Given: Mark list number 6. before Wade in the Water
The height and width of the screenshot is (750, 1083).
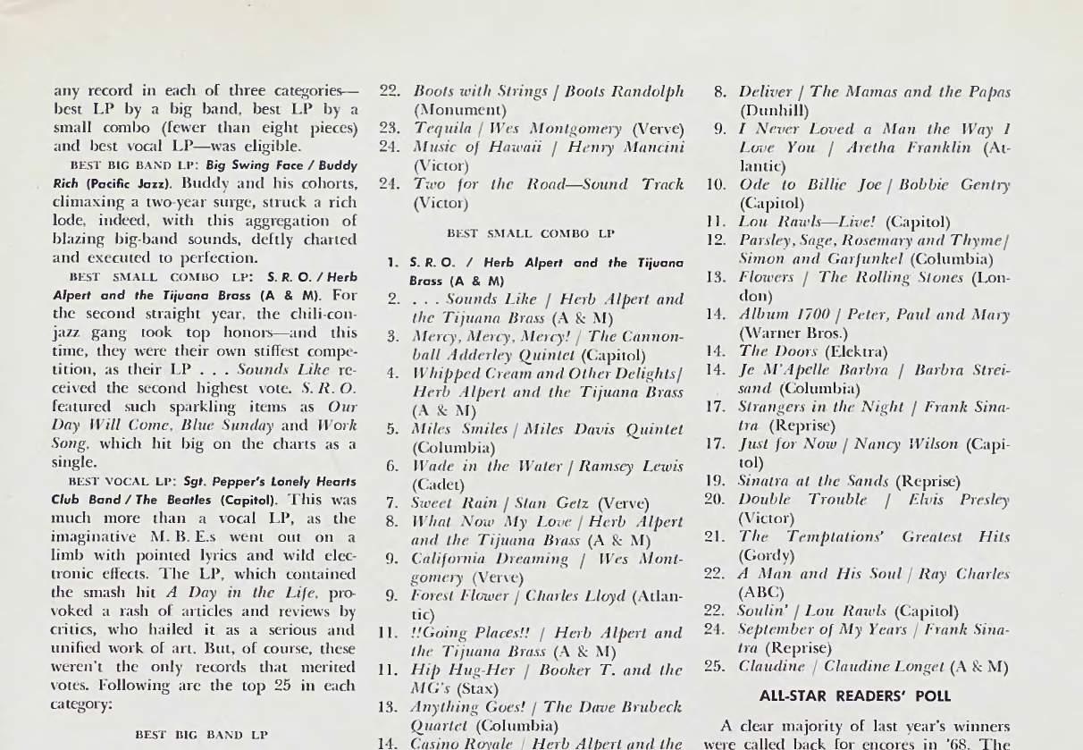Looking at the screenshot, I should tap(391, 466).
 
